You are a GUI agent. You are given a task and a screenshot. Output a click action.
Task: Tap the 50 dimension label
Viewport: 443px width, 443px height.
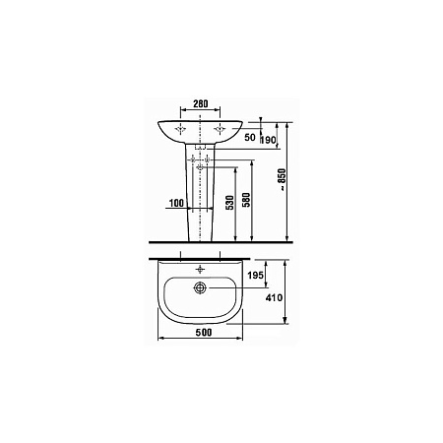coord(250,138)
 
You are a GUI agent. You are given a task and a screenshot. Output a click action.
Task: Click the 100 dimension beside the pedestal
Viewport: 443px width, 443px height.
coord(178,204)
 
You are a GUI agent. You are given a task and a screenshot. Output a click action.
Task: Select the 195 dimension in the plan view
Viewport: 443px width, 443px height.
coord(254,277)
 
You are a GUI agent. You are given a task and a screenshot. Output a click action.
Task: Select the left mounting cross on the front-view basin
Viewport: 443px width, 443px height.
coord(180,129)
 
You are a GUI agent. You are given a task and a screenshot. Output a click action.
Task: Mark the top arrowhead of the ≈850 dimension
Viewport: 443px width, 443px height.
coord(286,124)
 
